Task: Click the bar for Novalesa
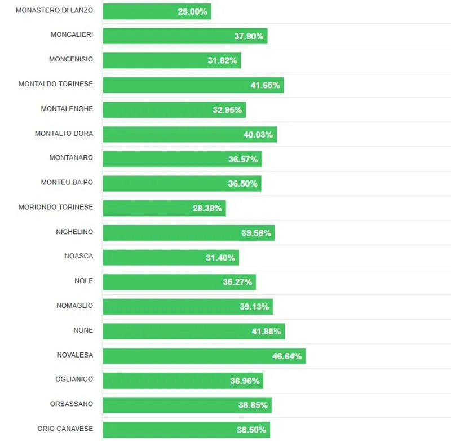204,356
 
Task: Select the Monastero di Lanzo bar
157,11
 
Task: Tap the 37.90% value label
249,36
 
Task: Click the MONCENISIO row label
71,59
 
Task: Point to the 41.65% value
265,85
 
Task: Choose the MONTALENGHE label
67,108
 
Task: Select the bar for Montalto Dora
189,134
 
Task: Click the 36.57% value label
243,159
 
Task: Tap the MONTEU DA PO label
67,182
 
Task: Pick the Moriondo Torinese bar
164,208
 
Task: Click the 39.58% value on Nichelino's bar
256,233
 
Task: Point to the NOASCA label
79,256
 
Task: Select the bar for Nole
179,282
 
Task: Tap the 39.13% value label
254,307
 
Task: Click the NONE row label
83,330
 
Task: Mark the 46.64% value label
287,356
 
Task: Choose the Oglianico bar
183,381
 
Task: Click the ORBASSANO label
71,404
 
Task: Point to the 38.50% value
251,430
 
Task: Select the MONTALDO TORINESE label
56,83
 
